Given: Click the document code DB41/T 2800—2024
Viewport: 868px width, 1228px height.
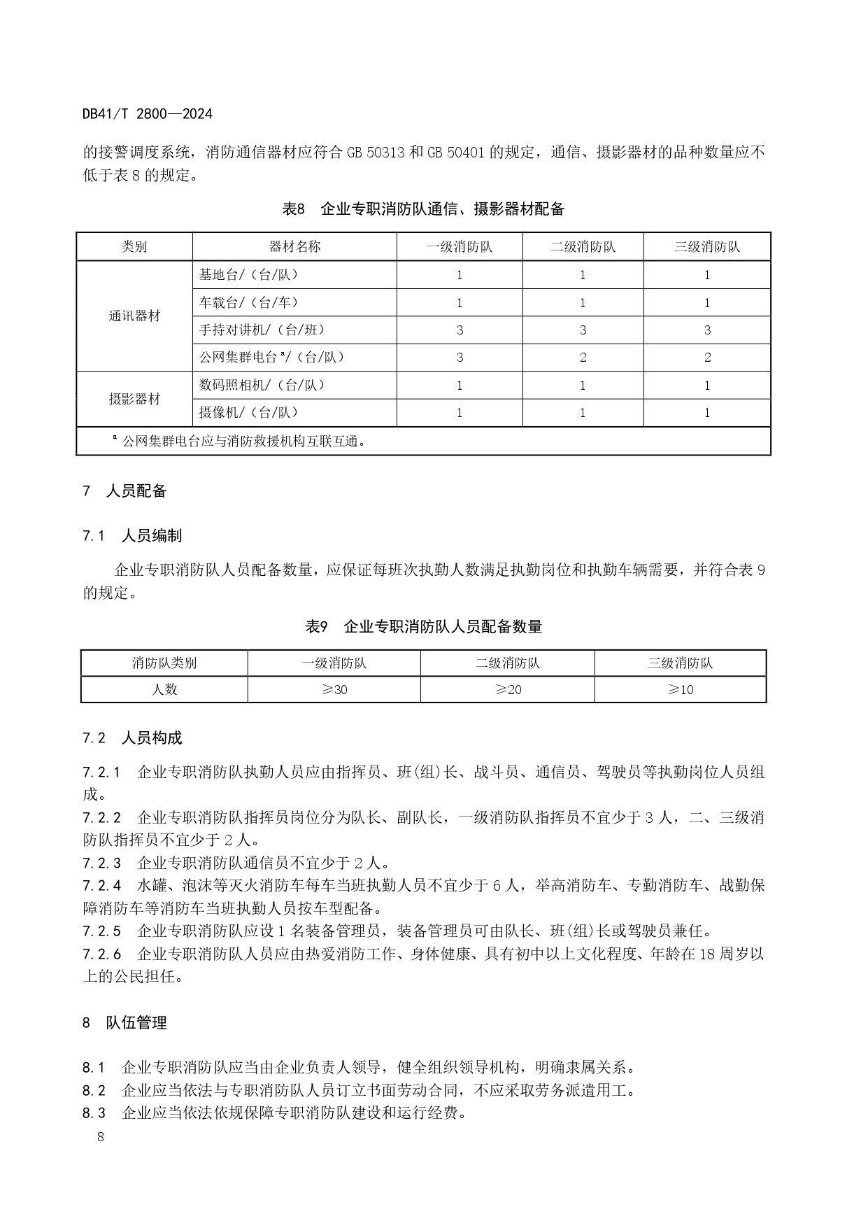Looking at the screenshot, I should (147, 113).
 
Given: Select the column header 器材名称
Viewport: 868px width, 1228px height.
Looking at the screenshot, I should (294, 246).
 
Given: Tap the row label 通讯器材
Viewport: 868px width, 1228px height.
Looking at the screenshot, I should (134, 316).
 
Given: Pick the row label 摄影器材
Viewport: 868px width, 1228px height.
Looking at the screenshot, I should (134, 399).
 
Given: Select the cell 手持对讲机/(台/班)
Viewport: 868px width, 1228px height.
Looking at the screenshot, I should (262, 330).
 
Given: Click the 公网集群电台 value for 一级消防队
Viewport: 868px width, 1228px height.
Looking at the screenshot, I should (460, 358).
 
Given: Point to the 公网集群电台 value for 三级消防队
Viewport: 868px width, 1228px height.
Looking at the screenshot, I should (707, 358).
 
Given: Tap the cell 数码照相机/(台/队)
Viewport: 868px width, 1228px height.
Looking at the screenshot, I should (262, 385).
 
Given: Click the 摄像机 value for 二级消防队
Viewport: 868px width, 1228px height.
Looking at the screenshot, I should (583, 413).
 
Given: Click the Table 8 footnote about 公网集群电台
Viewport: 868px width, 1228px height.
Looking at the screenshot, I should (239, 441).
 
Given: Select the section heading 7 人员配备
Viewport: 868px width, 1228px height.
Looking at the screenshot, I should (125, 491).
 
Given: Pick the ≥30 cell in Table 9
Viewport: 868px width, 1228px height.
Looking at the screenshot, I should (334, 689).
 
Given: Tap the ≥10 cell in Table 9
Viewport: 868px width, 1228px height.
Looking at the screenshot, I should (681, 689).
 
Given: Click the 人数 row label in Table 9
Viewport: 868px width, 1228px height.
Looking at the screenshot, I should (164, 689).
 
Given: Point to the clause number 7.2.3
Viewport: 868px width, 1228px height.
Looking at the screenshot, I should (101, 863).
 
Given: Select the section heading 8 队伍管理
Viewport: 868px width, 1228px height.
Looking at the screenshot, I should (125, 1023).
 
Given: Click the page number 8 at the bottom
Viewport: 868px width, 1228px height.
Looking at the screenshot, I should (101, 1137).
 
